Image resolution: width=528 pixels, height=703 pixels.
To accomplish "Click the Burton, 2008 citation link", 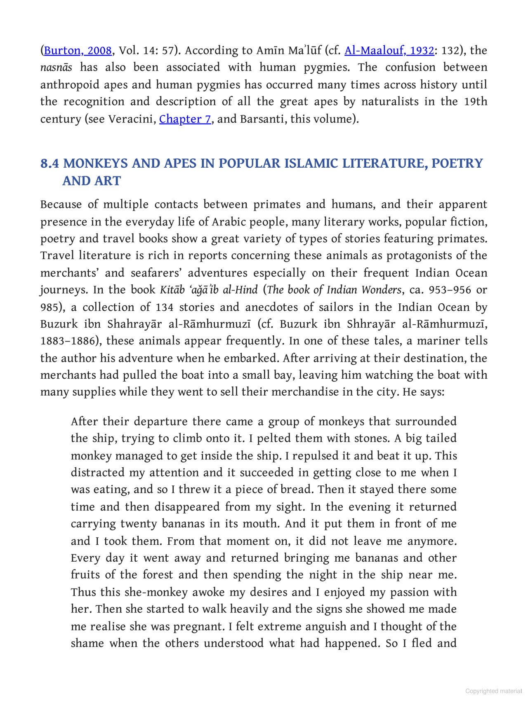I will pos(78,51).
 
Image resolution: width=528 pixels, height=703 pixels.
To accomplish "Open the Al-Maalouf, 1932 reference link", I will pos(389,51).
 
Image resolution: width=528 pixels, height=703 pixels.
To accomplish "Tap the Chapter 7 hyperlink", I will pos(185,119).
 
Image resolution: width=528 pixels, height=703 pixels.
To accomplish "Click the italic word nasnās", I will pos(56,68).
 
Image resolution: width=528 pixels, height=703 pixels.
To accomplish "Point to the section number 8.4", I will pos(49,164).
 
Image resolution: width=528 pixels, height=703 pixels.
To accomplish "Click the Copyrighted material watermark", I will pos(493,691).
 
